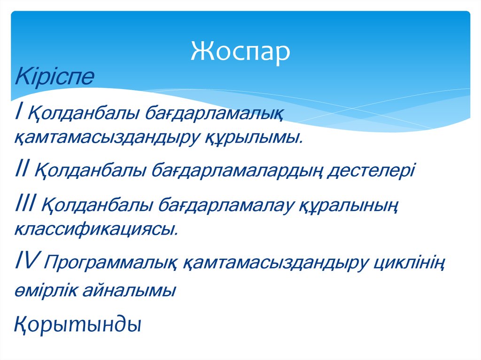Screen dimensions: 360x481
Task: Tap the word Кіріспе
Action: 54,77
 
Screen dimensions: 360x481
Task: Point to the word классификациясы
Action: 97,230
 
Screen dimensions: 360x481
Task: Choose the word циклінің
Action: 410,263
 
